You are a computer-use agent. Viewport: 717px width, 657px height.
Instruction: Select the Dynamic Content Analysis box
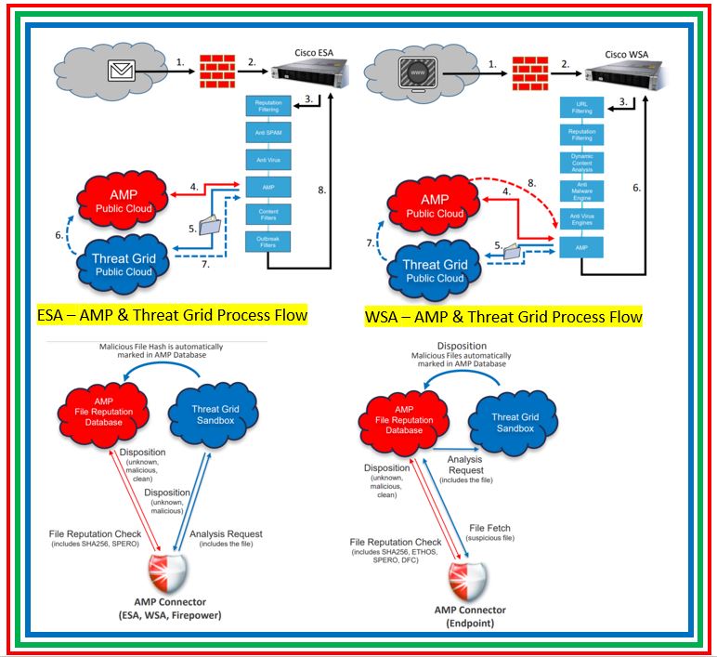pyautogui.click(x=581, y=164)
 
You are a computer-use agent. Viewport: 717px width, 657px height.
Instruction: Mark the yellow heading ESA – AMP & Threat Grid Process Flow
pyautogui.click(x=172, y=315)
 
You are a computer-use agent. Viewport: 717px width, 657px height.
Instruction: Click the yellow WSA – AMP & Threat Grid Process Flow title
pyautogui.click(x=503, y=316)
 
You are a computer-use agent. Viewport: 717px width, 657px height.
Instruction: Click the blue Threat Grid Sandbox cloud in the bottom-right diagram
pyautogui.click(x=514, y=423)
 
